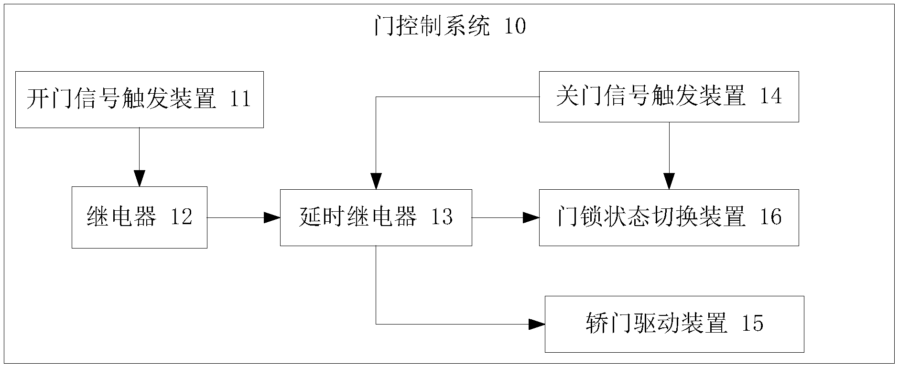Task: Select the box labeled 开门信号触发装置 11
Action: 139,99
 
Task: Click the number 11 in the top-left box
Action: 240,99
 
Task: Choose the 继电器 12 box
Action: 139,217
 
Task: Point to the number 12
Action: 181,217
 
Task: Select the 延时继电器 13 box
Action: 376,217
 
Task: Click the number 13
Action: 442,217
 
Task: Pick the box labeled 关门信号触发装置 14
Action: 669,97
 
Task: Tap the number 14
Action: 770,97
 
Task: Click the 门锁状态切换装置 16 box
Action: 669,217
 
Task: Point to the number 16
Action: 770,217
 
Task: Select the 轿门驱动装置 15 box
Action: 674,324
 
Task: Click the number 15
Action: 752,324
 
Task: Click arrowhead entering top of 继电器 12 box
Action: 139,179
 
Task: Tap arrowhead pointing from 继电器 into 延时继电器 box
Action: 272,217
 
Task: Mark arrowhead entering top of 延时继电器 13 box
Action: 376,182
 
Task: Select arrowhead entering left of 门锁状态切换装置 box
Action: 531,217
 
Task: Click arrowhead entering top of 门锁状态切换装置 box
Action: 669,182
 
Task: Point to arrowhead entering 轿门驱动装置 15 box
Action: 537,324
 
